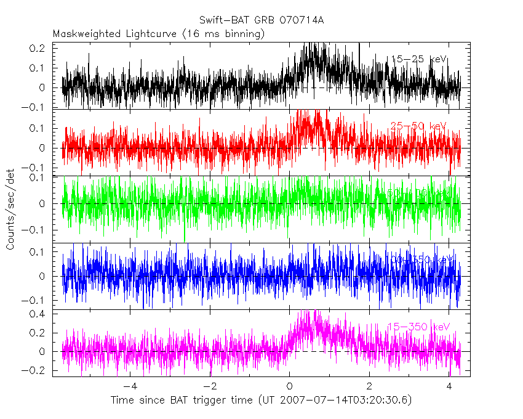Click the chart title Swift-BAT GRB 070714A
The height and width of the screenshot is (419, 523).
261,20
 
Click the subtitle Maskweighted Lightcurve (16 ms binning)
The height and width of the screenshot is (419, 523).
159,34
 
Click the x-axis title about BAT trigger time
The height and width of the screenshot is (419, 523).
261,401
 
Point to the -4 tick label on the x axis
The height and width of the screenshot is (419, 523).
130,386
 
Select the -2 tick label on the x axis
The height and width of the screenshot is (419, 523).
209,386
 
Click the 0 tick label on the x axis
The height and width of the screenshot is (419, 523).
289,386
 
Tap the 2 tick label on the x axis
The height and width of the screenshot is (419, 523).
369,386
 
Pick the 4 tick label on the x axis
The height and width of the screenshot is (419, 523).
449,386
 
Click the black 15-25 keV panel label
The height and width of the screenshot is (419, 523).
418,59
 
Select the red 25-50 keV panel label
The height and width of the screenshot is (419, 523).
417,126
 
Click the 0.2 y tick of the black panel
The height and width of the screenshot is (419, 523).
38,47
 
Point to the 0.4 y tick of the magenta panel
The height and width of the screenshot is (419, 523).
38,314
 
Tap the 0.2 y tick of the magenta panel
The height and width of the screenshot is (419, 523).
38,333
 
